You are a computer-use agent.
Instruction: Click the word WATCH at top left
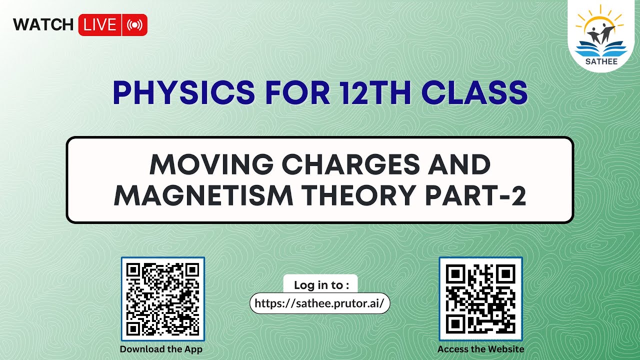[x=43, y=24]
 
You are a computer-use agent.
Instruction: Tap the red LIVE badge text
[x=100, y=25]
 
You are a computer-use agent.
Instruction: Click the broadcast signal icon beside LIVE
[x=135, y=25]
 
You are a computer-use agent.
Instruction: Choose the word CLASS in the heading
[x=477, y=93]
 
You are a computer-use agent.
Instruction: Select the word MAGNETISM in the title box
[x=203, y=196]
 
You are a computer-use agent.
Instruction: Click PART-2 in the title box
[x=476, y=196]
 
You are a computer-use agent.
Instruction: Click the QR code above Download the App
[x=162, y=299]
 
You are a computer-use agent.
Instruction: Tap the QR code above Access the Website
[x=480, y=299]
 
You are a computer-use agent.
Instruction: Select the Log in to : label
[x=320, y=285]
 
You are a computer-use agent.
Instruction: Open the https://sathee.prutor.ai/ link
[x=319, y=303]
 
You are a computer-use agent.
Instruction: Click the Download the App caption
[x=161, y=349]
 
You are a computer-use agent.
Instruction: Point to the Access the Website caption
[x=480, y=349]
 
